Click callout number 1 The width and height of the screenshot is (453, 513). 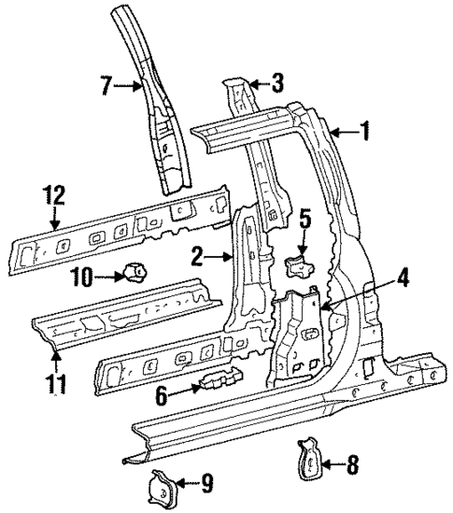point(366,133)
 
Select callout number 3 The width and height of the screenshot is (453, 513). point(277,83)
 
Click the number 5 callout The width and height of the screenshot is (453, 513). point(304,223)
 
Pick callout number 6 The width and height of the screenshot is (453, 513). point(162,395)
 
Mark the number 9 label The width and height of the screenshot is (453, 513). point(207,482)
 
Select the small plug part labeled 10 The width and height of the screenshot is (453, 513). point(133,274)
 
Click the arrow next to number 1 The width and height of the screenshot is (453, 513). point(341,133)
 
